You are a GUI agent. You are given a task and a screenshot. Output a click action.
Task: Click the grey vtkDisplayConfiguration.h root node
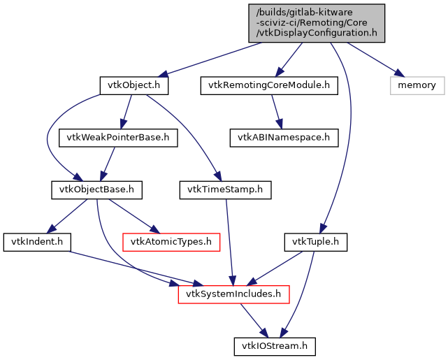point(315,22)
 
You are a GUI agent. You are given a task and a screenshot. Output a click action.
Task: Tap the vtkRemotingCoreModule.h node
point(269,86)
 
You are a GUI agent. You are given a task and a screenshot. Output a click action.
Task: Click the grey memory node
point(417,85)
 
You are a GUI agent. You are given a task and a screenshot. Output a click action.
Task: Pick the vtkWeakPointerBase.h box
point(118,137)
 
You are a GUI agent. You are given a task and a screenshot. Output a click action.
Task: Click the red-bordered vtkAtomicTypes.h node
point(171,242)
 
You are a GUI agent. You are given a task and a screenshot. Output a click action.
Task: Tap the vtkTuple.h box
point(315,242)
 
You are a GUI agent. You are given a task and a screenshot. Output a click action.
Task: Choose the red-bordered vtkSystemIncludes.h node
point(233,294)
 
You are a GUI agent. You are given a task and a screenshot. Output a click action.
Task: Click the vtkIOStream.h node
point(275,345)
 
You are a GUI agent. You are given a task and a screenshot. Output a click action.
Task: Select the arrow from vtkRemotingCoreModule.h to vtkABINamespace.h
point(275,111)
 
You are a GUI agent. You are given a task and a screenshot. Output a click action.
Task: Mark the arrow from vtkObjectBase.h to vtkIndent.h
point(68,215)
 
